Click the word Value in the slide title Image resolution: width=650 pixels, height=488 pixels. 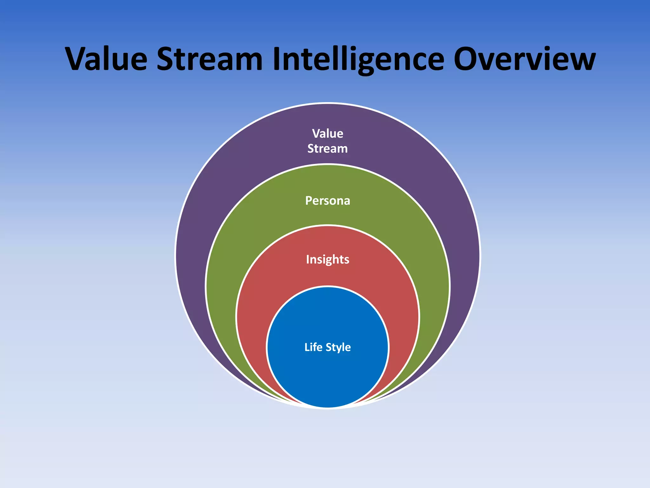click(106, 59)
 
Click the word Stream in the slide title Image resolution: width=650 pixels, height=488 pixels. click(209, 59)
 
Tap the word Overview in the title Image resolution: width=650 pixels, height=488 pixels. click(524, 59)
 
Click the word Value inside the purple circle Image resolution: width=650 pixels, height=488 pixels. click(328, 133)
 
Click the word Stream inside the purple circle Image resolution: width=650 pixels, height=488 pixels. click(328, 149)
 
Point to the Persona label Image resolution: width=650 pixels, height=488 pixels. click(328, 201)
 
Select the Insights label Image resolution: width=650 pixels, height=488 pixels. click(328, 260)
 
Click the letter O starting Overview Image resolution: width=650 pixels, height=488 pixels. click(468, 59)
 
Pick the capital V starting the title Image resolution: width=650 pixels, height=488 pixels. click(77, 59)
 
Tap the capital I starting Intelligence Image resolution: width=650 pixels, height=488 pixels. click(277, 59)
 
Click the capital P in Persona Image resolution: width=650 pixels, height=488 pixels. click(309, 201)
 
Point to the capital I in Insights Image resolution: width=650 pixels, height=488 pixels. click(308, 259)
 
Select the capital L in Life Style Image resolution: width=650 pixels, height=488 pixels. click(307, 347)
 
